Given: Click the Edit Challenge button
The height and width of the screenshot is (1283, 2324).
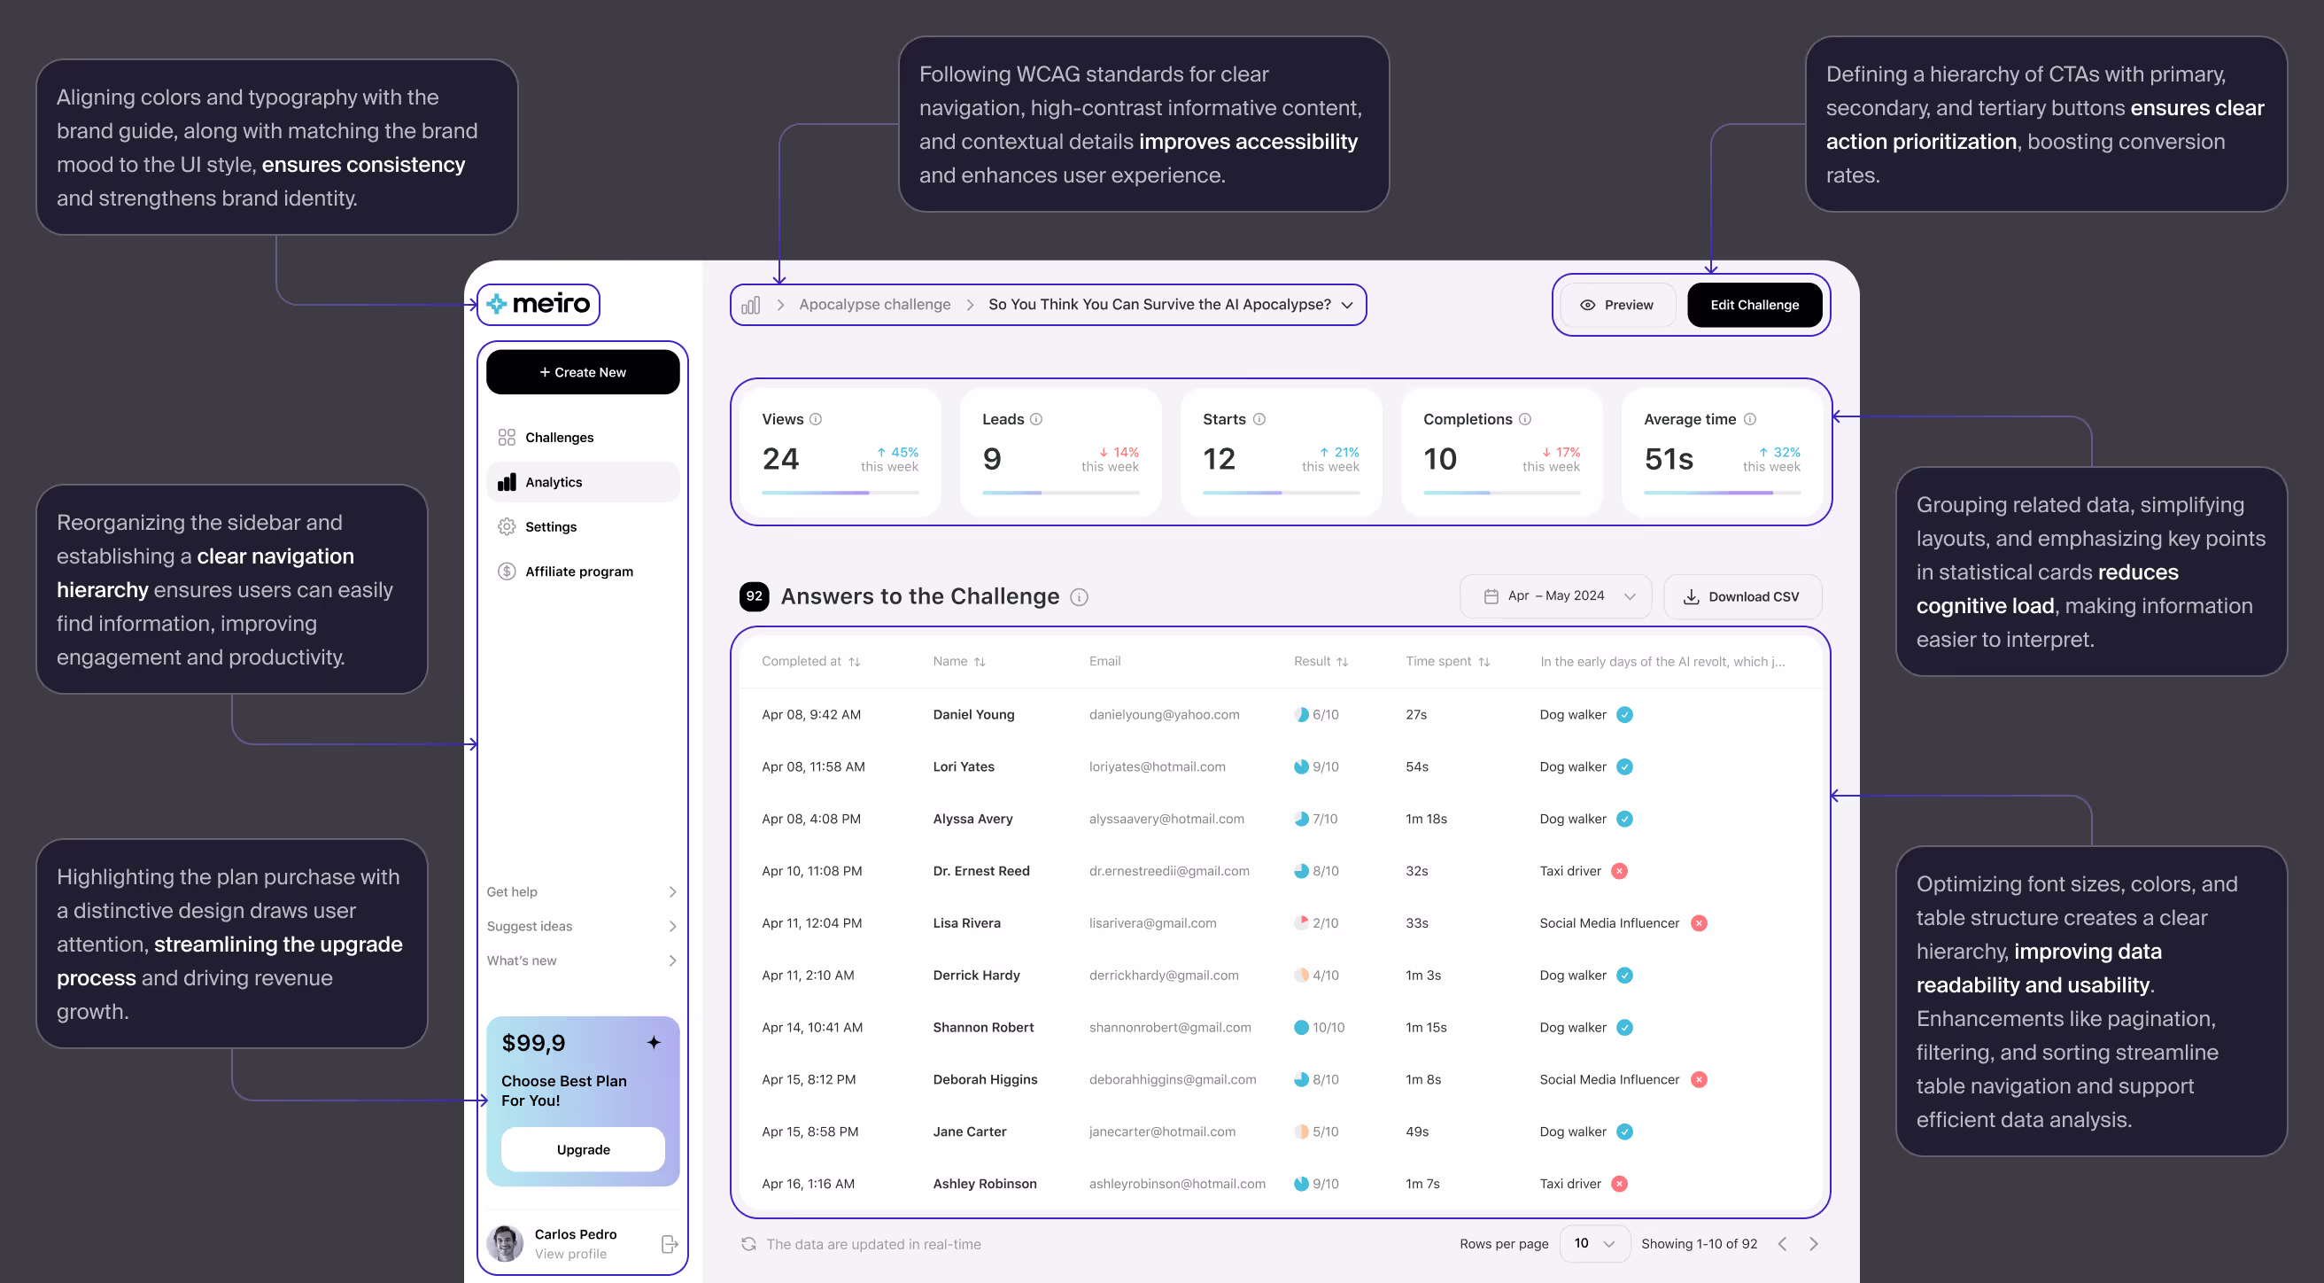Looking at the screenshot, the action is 1754,305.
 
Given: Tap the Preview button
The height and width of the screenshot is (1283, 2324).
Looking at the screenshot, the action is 1616,305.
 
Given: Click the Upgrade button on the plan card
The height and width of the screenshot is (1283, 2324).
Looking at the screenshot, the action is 583,1148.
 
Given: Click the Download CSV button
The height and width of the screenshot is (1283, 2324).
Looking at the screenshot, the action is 1742,596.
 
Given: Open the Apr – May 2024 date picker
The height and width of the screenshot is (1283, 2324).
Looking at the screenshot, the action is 1555,596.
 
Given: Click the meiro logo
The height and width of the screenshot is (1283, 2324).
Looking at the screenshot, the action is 538,304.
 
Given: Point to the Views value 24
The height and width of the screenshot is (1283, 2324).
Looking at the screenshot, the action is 780,459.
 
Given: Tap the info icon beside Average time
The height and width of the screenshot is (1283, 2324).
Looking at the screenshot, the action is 1749,420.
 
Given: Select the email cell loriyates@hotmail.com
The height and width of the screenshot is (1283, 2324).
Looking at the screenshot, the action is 1157,767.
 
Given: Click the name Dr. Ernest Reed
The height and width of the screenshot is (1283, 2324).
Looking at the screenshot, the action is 980,871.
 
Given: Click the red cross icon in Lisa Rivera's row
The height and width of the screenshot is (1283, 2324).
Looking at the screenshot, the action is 1699,923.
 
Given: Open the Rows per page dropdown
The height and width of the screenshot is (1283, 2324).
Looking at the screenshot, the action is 1594,1243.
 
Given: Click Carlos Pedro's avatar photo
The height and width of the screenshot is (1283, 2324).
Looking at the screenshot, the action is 505,1243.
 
